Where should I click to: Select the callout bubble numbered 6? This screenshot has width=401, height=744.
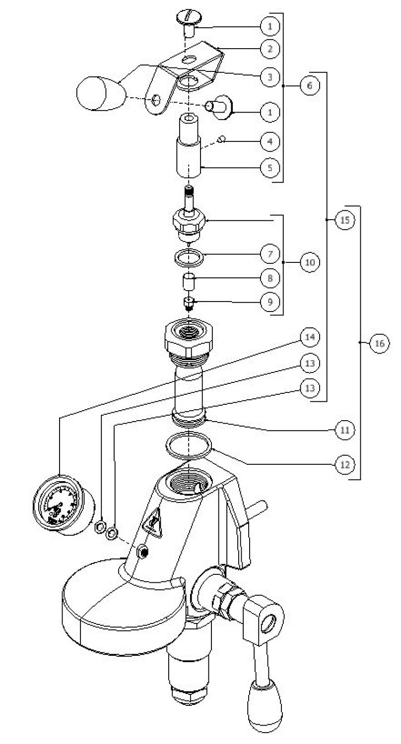click(x=310, y=85)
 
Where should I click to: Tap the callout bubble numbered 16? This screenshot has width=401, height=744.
click(x=379, y=343)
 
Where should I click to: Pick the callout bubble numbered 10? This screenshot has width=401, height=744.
click(x=310, y=262)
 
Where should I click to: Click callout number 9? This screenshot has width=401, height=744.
click(x=270, y=302)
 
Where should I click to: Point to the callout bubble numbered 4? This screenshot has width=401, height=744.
click(x=270, y=141)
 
